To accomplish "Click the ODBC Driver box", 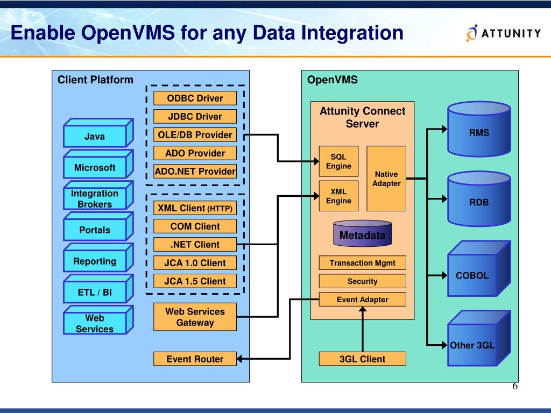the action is coord(195,98).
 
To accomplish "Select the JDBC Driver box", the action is coord(195,116).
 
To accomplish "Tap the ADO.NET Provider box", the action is coord(195,171).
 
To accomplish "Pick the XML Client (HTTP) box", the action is coord(195,208).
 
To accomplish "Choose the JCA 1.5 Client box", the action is coord(195,281).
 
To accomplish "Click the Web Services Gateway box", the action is coord(195,317).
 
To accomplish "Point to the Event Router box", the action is coord(195,359).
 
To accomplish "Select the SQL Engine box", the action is coord(338,161).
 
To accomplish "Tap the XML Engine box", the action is coord(338,196).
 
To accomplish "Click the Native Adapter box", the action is coord(386,179).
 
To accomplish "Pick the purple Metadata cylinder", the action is coord(362,233).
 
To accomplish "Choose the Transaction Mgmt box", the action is coord(362,262).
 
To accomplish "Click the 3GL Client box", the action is coord(362,359).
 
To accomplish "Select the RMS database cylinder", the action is coord(479,129).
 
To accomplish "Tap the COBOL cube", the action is coord(479,269).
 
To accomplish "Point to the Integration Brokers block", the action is coord(98,195).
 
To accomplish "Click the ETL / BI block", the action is coord(98,289).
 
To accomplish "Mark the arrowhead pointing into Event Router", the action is coord(239,359).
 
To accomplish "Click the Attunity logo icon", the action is coord(471,33).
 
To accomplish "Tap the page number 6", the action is coord(515,386).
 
